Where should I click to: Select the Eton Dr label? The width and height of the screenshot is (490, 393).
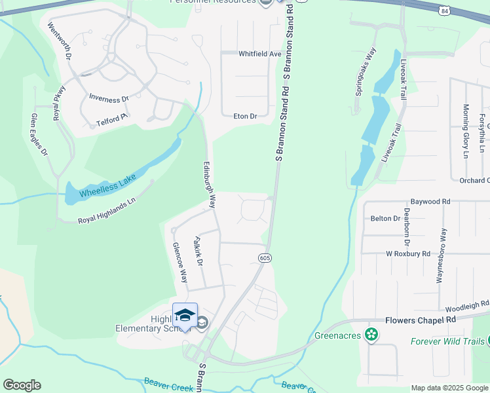245,116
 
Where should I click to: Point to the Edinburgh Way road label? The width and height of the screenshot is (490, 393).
210,185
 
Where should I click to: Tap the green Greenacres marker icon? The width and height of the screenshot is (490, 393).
371,335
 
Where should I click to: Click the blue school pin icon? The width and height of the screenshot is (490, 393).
185,315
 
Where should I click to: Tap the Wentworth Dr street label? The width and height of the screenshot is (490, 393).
59,41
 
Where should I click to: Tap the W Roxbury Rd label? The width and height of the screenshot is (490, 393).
408,253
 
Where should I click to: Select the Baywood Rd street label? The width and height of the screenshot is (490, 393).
430,201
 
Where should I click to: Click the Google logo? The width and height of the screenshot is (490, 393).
22,385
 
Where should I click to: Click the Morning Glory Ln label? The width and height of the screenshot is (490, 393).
465,131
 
